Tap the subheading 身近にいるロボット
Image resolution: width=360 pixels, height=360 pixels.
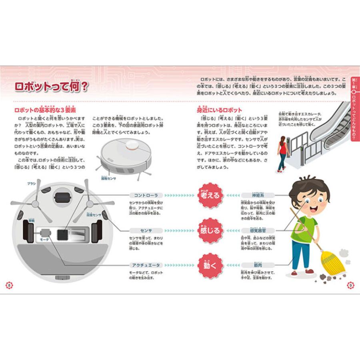[x=219, y=110]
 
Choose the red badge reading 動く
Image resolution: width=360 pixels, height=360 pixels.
[x=210, y=265]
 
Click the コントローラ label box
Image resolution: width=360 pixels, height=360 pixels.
[x=146, y=196]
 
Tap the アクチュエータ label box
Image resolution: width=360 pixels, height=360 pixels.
[x=146, y=265]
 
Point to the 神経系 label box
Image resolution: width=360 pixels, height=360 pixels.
[x=257, y=196]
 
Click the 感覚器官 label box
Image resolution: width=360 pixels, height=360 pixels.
[x=257, y=230]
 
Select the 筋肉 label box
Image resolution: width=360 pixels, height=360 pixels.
[x=257, y=265]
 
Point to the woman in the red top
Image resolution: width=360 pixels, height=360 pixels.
[x=282, y=152]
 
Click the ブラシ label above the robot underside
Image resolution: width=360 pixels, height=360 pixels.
[x=31, y=184]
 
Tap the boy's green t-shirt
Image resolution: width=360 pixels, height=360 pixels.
[x=304, y=228]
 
